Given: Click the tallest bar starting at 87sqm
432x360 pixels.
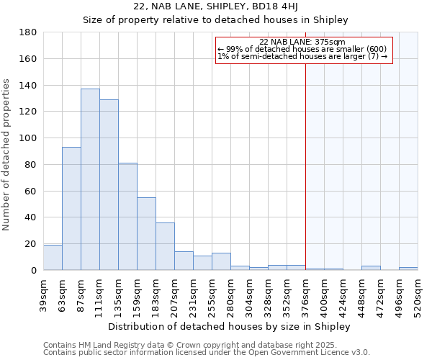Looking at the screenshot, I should point(90,179).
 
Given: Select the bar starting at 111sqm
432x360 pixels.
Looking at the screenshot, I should point(109,185).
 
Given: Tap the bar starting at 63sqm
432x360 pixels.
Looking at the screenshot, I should point(71,209).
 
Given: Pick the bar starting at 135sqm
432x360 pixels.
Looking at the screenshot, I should point(127,217).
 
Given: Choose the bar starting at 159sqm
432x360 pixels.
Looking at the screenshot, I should point(146,234).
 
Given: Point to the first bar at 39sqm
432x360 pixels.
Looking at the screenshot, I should point(53,258).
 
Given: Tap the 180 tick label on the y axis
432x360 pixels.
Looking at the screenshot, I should point(28,32).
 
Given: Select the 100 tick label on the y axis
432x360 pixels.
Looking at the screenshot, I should point(28,138).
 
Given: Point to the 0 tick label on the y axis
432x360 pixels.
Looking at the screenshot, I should point(33,271).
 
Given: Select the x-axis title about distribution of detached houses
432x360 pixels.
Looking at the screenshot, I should point(230,327).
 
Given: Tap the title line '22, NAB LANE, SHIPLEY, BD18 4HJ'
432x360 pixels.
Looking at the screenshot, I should point(215,6).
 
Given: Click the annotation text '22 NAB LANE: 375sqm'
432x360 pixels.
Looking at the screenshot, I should point(302,42).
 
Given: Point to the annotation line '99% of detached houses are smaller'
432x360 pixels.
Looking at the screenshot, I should point(302,49).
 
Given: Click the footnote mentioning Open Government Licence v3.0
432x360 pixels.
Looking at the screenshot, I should point(207,353).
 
